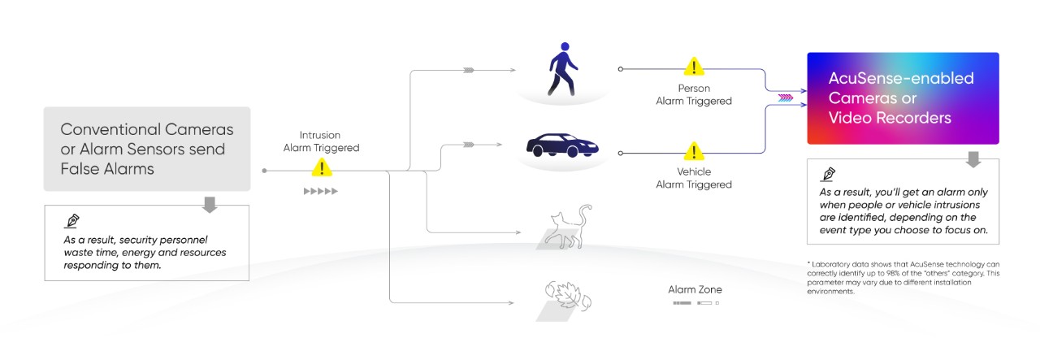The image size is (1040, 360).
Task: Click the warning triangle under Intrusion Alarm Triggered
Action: coord(323,168)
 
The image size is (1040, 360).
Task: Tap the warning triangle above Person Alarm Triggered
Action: coord(693,66)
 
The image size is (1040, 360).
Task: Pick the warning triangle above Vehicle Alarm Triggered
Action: coord(693,151)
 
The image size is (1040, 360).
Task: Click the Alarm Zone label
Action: coord(695,289)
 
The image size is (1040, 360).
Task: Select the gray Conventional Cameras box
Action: coord(147,149)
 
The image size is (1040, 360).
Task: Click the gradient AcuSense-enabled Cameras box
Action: coord(902,98)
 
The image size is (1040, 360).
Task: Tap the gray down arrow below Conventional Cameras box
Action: coord(210,204)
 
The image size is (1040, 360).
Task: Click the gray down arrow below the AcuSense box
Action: coord(973,158)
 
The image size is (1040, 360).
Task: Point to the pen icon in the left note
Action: coord(72,221)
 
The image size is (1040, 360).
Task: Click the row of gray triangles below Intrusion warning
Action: coord(320,192)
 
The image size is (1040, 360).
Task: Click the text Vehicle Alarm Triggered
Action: coord(694,178)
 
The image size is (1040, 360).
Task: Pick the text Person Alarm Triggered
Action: coord(694,94)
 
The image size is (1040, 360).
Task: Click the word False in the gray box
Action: coord(79,168)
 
